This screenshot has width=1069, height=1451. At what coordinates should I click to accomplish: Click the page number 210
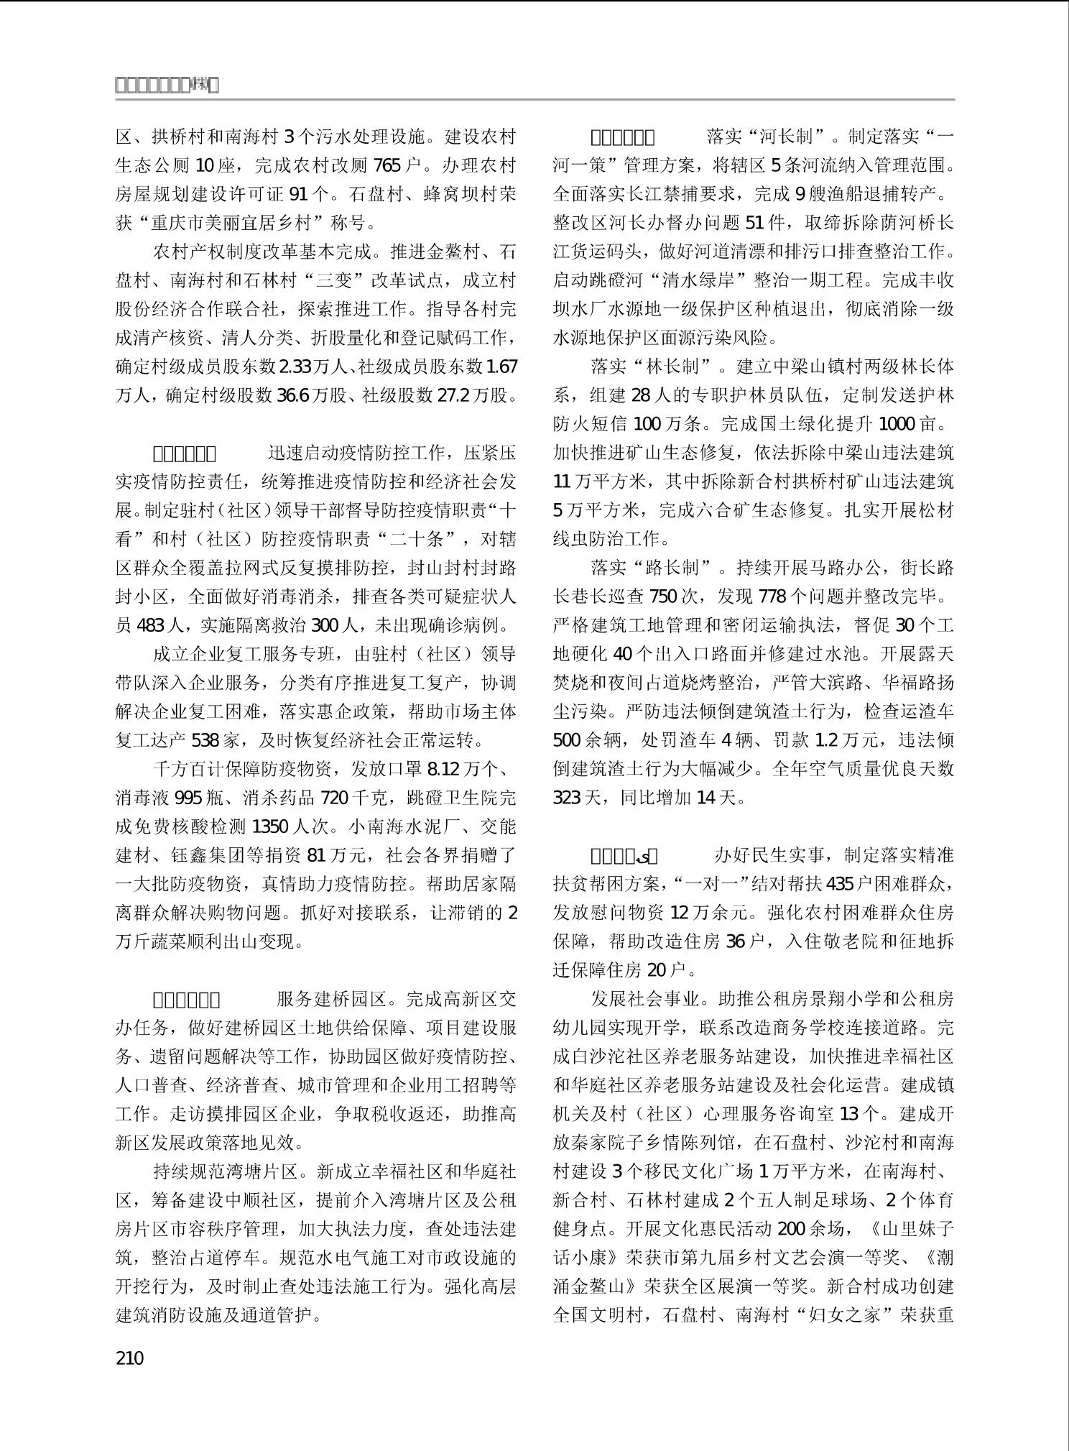coord(129,1358)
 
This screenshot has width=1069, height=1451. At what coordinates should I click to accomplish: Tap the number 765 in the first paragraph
coord(387,165)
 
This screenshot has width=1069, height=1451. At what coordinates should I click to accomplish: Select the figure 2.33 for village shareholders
coord(295,367)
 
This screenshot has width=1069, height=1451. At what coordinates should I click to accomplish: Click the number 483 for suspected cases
coord(150,625)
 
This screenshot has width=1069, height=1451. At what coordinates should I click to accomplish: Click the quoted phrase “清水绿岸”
coord(696,280)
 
